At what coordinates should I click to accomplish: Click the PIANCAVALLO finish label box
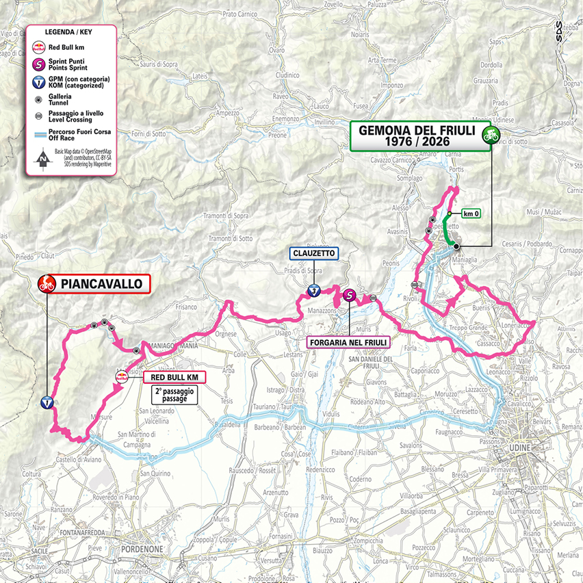(x=102, y=283)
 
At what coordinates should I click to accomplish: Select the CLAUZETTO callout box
(x=313, y=252)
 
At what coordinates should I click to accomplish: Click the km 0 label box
(x=470, y=213)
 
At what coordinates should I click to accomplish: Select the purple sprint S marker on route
(x=350, y=296)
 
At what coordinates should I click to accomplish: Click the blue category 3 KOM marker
(x=313, y=291)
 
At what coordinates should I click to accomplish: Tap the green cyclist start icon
(x=489, y=135)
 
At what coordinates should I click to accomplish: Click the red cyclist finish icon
(x=46, y=283)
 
